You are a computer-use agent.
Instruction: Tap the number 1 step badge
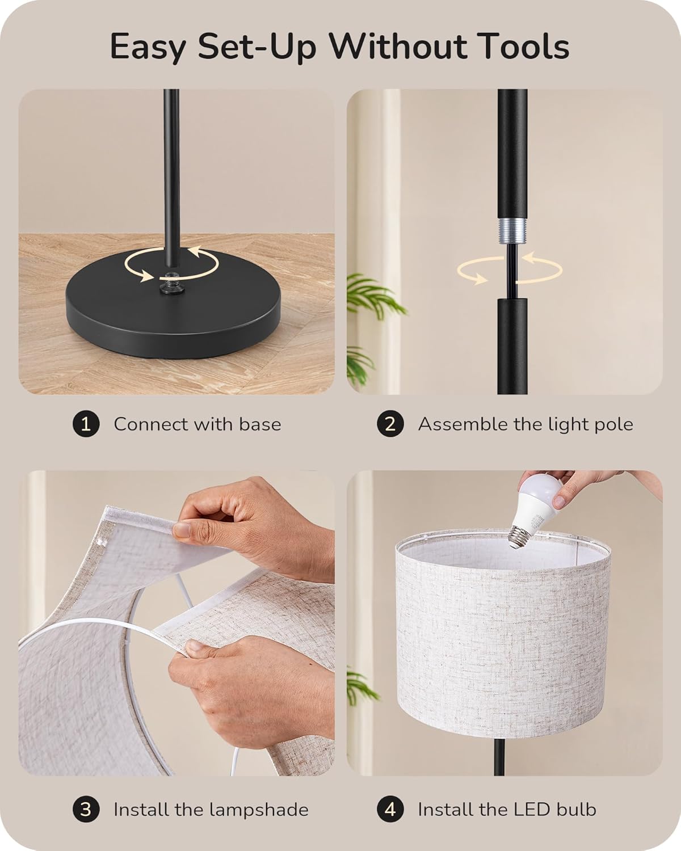(x=86, y=424)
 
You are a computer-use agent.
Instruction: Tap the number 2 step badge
(x=390, y=424)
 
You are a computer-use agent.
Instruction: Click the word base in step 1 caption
(x=260, y=424)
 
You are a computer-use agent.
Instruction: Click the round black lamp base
(x=173, y=307)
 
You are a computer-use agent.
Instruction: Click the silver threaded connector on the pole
(x=512, y=231)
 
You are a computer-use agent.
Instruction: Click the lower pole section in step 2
(x=512, y=346)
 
